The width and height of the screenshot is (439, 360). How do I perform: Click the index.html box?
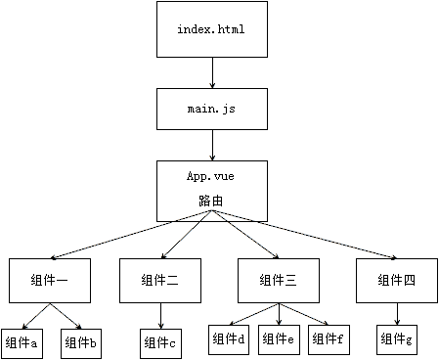(x=211, y=29)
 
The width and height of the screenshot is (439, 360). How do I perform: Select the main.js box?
(x=211, y=110)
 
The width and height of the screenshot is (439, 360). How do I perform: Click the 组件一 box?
(x=50, y=280)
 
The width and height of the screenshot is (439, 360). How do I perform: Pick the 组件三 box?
(x=280, y=280)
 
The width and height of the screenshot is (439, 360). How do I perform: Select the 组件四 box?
(x=396, y=280)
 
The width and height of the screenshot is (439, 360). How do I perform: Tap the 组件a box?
(x=22, y=342)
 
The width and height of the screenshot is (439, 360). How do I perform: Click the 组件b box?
(x=82, y=342)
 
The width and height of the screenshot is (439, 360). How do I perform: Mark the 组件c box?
(x=159, y=342)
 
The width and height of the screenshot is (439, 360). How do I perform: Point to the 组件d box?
(x=228, y=339)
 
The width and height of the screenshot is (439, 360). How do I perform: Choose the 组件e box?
(x=279, y=339)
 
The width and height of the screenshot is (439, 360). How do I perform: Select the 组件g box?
(x=397, y=339)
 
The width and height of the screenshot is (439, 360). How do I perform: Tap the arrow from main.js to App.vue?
(x=211, y=145)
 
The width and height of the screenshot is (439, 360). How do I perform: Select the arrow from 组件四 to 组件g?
(x=397, y=313)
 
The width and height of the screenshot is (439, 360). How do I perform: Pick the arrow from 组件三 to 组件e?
(x=280, y=313)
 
